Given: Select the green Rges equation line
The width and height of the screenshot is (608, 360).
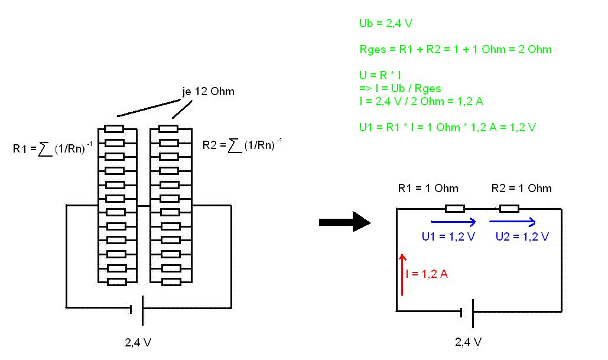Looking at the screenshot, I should pyautogui.click(x=455, y=49).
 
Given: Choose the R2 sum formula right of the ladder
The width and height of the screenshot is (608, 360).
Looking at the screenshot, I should pyautogui.click(x=242, y=144).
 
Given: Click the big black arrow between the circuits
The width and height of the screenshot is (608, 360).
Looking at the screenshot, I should pyautogui.click(x=344, y=222).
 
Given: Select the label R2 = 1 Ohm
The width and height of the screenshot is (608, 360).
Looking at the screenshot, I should pyautogui.click(x=521, y=189).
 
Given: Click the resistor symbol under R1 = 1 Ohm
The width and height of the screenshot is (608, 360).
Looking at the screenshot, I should pyautogui.click(x=454, y=208).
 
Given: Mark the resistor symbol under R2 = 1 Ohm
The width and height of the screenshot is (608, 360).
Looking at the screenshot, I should pyautogui.click(x=509, y=208).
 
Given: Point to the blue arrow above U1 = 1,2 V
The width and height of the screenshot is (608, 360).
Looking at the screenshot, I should pyautogui.click(x=454, y=222).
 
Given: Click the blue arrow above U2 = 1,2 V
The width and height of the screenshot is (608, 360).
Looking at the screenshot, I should pyautogui.click(x=512, y=222).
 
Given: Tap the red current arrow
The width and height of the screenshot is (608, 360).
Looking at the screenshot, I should pyautogui.click(x=402, y=274).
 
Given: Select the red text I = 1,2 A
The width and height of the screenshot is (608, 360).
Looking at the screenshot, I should pyautogui.click(x=427, y=274).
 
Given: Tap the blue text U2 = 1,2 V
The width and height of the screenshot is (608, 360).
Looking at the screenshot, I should pyautogui.click(x=522, y=236).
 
